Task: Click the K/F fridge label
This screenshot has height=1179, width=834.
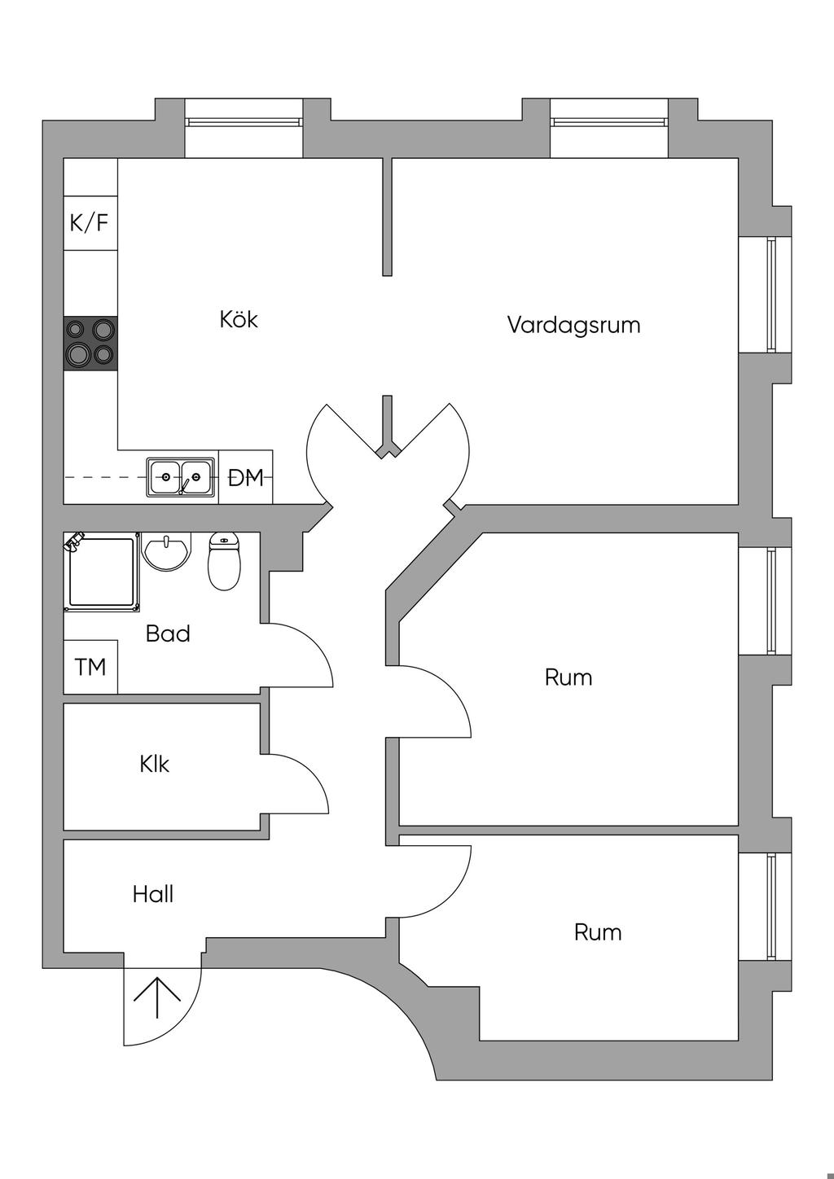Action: point(90,222)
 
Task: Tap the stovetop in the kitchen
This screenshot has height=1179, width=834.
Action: point(90,342)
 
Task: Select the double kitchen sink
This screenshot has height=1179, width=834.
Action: point(181,477)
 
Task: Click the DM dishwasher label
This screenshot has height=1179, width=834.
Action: point(246,478)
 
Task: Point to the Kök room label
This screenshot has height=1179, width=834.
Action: point(239,319)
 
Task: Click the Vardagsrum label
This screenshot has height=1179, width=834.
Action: point(573,325)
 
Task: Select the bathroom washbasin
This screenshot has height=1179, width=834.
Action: point(166,551)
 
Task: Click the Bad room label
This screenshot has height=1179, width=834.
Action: point(168,633)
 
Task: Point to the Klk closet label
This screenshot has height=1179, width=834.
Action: point(155,765)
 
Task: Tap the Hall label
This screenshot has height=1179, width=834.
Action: point(153,895)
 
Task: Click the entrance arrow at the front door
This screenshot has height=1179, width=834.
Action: point(156,998)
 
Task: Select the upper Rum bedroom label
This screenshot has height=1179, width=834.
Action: point(568,677)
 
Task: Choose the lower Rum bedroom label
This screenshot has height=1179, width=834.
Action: point(598,932)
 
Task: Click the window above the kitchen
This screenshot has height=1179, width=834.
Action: point(244,122)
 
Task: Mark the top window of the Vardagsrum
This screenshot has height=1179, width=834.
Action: point(609,122)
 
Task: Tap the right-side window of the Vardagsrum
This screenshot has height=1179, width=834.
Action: point(771,294)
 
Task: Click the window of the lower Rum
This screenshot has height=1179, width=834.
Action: point(771,906)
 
